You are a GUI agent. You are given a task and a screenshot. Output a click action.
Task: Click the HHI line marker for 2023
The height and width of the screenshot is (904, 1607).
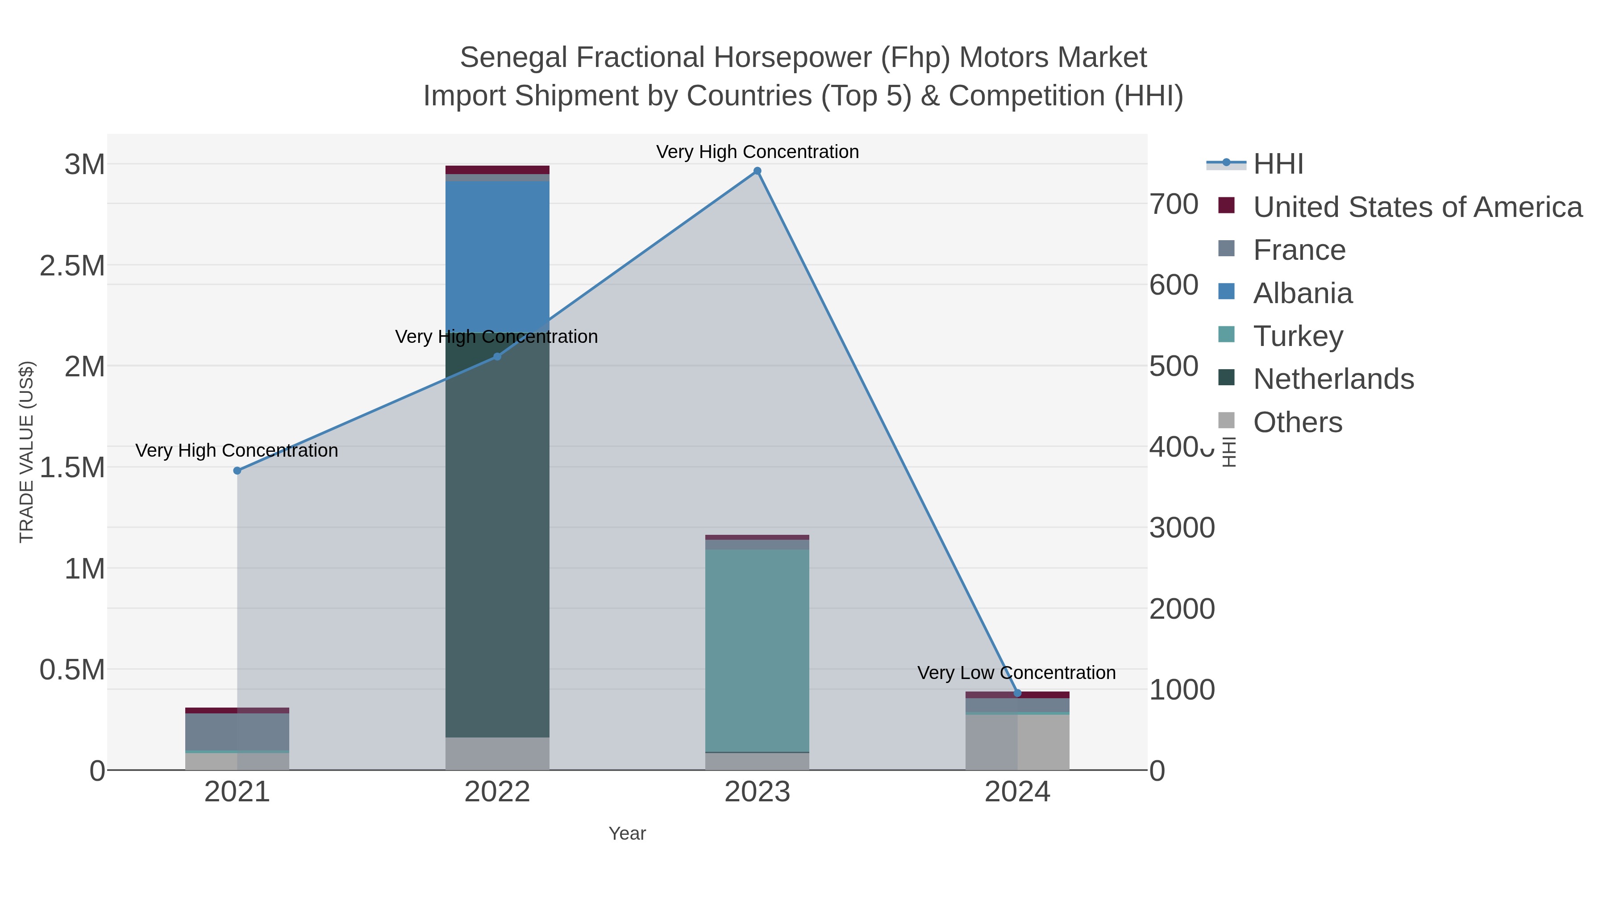(x=758, y=171)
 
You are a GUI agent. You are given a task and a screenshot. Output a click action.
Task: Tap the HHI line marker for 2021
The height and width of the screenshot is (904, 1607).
(x=237, y=471)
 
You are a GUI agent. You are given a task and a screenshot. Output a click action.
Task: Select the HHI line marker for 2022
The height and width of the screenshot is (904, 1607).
(x=497, y=357)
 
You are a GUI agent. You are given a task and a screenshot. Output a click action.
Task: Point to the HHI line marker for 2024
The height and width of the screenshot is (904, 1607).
(x=1017, y=693)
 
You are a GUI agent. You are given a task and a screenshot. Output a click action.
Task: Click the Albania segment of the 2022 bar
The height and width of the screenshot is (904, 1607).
(x=497, y=256)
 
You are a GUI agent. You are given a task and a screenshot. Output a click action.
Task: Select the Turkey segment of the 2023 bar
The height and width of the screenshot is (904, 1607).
(x=758, y=649)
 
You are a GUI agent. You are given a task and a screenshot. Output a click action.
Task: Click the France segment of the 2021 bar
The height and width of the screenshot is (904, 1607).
(x=237, y=731)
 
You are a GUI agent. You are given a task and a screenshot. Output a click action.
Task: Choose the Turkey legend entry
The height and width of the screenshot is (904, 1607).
(x=1298, y=336)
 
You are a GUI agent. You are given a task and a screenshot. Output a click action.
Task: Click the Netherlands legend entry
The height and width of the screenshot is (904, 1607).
(x=1333, y=379)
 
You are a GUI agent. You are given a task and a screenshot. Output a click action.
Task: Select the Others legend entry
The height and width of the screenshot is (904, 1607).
(x=1298, y=422)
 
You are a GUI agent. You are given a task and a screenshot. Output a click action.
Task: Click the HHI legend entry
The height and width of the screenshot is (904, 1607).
(x=1278, y=164)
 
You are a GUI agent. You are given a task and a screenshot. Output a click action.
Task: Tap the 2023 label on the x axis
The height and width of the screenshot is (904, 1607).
(x=758, y=792)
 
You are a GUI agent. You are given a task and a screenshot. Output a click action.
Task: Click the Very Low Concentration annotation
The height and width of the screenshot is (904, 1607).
(x=1016, y=673)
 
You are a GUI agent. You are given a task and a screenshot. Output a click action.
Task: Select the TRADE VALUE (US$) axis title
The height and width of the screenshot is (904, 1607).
(x=26, y=452)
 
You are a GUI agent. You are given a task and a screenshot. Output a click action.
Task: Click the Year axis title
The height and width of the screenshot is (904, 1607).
(x=627, y=833)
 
